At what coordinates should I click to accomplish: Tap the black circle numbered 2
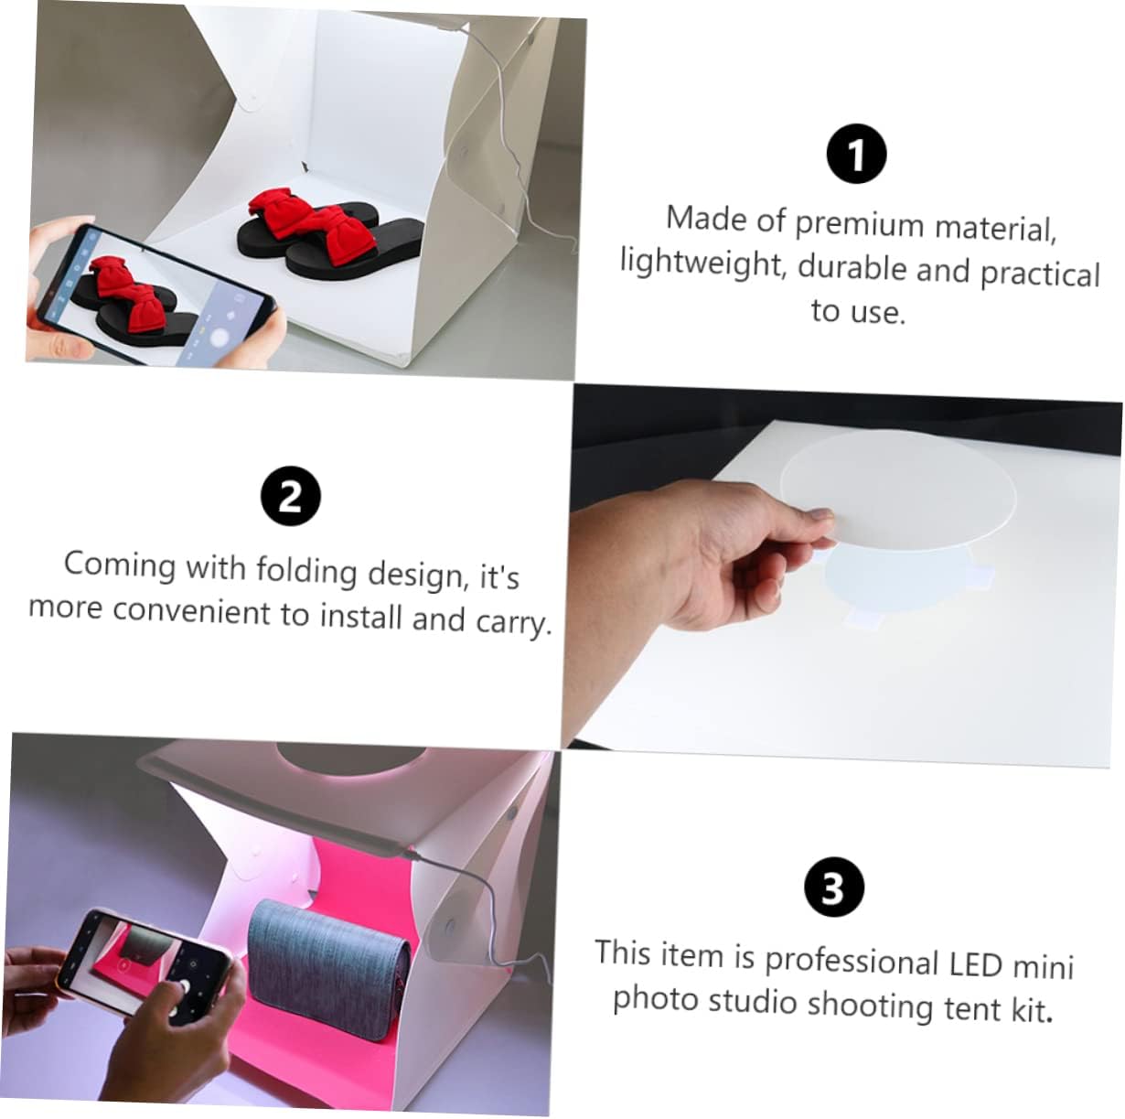290,497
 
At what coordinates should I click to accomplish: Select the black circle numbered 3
832,887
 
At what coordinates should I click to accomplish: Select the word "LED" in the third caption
975,963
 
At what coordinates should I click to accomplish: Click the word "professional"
852,961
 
